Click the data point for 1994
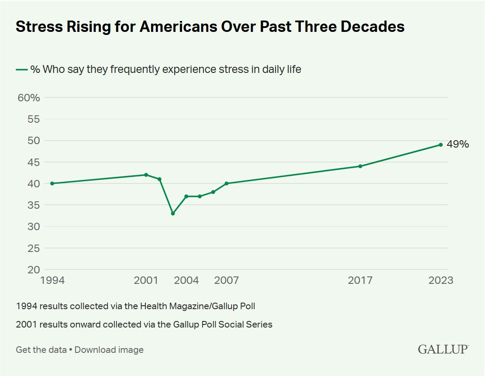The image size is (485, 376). [x=52, y=183]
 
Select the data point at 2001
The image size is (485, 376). [x=146, y=175]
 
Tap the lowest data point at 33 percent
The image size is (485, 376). [x=173, y=214]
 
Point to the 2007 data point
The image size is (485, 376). [x=227, y=183]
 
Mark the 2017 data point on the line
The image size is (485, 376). [x=360, y=166]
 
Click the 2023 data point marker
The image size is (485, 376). [x=440, y=145]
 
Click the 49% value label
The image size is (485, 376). [x=457, y=145]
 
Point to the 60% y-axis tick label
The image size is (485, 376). [x=29, y=97]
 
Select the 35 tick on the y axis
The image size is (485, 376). [x=34, y=205]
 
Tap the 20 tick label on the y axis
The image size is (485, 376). [x=34, y=270]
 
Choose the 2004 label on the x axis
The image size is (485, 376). [x=186, y=280]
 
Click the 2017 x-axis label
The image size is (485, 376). [x=360, y=280]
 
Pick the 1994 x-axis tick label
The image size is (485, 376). [x=52, y=280]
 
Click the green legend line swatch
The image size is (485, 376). [x=22, y=69]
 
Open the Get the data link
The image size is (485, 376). [x=41, y=350]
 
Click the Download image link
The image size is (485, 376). [x=109, y=350]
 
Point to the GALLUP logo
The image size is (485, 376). [x=443, y=349]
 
